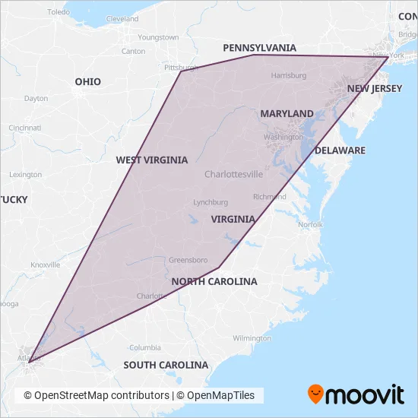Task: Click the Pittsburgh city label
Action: click(180, 68)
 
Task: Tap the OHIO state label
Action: click(87, 81)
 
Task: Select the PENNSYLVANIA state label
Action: click(259, 48)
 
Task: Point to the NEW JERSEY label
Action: click(374, 89)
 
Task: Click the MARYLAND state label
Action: click(287, 113)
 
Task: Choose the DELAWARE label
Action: click(340, 150)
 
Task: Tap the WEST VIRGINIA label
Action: click(151, 160)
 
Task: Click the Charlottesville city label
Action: click(233, 174)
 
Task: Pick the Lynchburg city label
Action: click(211, 202)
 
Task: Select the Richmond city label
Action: click(270, 196)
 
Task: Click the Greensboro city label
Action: click(183, 258)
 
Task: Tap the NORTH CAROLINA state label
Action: click(214, 281)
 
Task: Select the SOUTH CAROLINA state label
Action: click(166, 365)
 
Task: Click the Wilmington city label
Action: click(252, 337)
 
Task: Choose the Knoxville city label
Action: click(45, 264)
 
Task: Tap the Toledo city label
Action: click(58, 12)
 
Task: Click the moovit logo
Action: click(355, 394)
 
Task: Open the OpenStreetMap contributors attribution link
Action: click(96, 395)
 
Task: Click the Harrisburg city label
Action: click(288, 75)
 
